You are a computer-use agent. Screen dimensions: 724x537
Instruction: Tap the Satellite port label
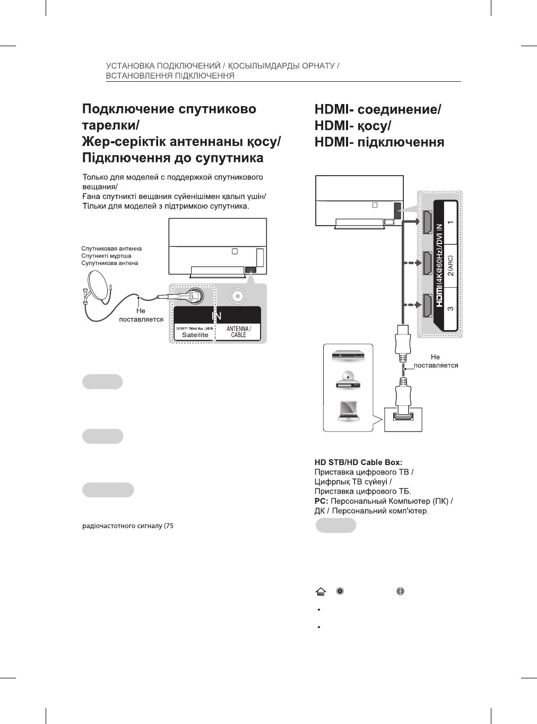pyautogui.click(x=195, y=335)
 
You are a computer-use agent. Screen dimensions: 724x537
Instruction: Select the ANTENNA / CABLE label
pyautogui.click(x=238, y=332)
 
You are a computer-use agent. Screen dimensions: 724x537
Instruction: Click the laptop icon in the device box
pyautogui.click(x=348, y=410)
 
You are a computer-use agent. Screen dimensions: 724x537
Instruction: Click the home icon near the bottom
pyautogui.click(x=321, y=591)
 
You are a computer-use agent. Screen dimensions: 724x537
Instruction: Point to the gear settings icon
pyautogui.click(x=340, y=591)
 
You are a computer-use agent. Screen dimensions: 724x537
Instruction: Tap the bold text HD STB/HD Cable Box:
pyautogui.click(x=358, y=462)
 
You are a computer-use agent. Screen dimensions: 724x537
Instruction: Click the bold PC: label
pyautogui.click(x=322, y=501)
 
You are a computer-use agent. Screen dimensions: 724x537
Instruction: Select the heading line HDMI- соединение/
pyautogui.click(x=378, y=110)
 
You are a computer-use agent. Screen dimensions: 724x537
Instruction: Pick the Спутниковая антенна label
pyautogui.click(x=111, y=248)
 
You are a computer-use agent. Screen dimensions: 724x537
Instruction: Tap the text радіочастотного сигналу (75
pyautogui.click(x=128, y=527)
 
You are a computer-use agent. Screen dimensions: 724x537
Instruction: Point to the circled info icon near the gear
pyautogui.click(x=401, y=591)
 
